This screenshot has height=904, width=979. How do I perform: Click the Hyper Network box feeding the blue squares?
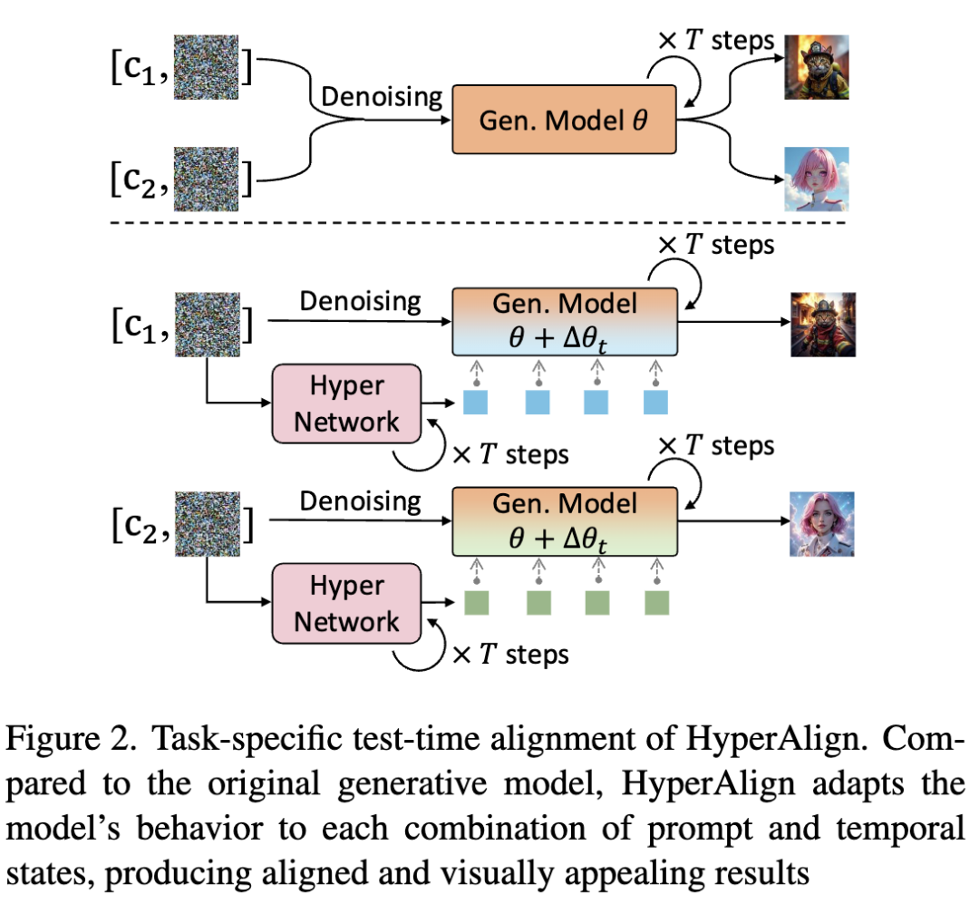pyautogui.click(x=347, y=404)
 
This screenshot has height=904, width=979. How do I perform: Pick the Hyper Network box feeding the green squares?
pyautogui.click(x=347, y=604)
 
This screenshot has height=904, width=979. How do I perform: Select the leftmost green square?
pyautogui.click(x=476, y=602)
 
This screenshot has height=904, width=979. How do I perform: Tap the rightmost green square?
pyautogui.click(x=655, y=602)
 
